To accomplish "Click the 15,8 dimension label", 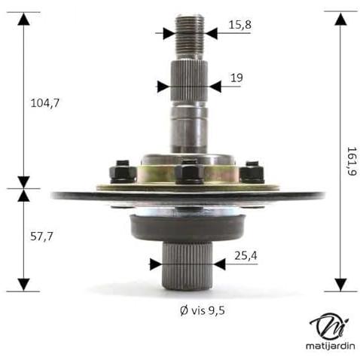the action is (x=239, y=25).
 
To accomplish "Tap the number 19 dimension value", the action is (x=236, y=78).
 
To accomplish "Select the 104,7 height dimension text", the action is (x=45, y=103).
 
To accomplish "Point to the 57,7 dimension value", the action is (x=41, y=236).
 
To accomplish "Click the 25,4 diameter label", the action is (x=246, y=256).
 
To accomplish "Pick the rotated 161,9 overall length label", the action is (x=352, y=161).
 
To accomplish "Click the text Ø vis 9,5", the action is (x=203, y=310).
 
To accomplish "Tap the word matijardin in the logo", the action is (x=330, y=346).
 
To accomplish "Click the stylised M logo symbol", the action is (x=329, y=327).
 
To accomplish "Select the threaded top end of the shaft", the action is (x=189, y=38).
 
